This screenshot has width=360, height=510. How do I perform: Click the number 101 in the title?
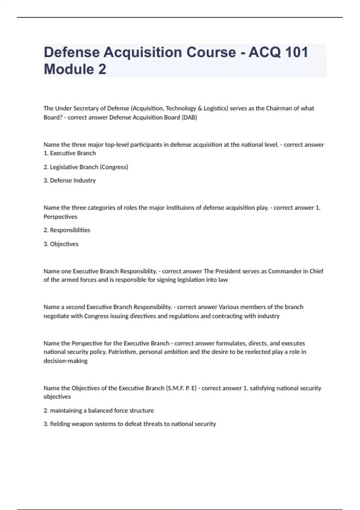point(296,52)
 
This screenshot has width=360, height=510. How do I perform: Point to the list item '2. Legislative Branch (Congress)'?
point(86,167)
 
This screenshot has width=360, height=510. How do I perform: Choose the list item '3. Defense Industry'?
point(70,180)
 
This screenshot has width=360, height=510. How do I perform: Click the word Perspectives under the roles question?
point(60,217)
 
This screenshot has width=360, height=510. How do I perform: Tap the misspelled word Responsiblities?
point(70,230)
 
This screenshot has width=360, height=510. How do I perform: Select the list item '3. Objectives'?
point(61,244)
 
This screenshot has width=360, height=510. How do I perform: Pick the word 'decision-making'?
point(65,361)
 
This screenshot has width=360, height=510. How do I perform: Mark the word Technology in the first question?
point(181,108)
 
